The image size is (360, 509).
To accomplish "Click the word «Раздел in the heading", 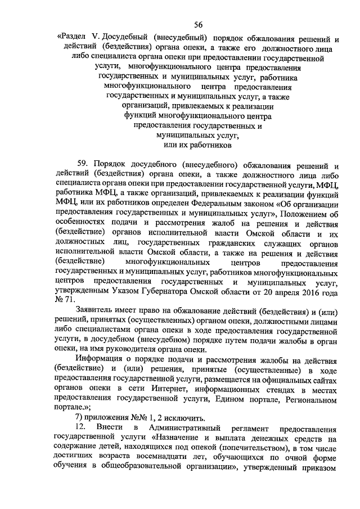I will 71,40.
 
